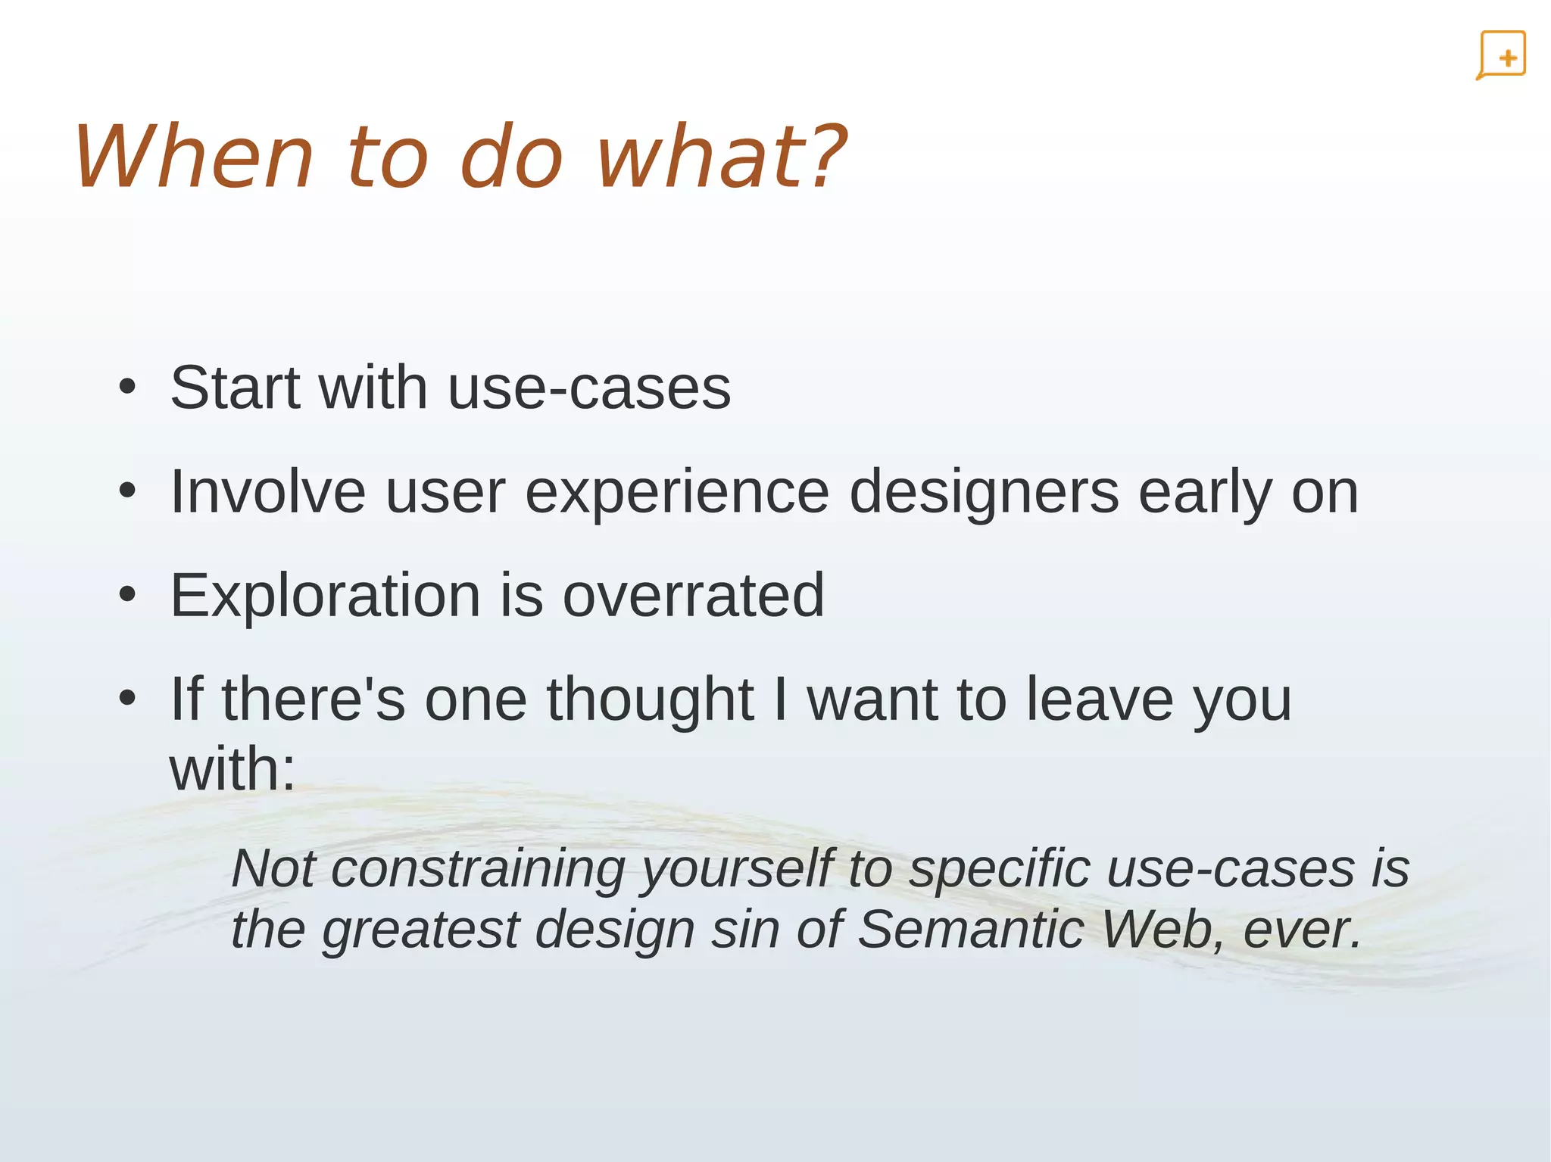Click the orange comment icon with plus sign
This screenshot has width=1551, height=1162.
(1501, 55)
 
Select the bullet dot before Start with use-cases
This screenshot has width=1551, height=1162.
(127, 388)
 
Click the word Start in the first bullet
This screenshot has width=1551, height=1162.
(235, 388)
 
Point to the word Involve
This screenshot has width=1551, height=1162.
(268, 492)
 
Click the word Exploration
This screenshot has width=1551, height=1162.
(326, 596)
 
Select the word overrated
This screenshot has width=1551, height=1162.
(693, 596)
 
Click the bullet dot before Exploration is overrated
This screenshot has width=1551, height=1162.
(127, 596)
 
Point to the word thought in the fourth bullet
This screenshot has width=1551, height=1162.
(650, 700)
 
